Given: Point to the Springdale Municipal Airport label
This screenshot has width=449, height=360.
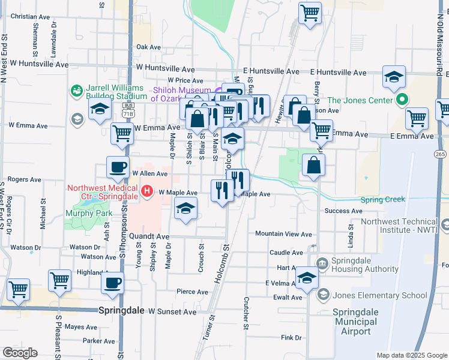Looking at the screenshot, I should (356, 322).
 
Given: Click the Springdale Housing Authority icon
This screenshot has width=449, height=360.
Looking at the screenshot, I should (322, 262).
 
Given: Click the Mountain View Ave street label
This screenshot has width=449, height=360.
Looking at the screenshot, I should (283, 234).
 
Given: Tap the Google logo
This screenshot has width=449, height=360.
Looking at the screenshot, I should (20, 353).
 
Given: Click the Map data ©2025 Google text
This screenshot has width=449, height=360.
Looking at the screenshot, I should (412, 355).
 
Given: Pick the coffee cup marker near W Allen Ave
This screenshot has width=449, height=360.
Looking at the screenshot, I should (118, 167).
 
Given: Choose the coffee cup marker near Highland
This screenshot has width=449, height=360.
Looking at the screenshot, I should (113, 283).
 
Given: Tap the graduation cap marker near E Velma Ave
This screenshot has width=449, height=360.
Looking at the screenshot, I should (307, 278).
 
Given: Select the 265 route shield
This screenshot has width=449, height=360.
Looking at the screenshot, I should (440, 154).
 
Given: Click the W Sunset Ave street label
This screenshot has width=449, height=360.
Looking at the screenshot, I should (172, 312).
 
